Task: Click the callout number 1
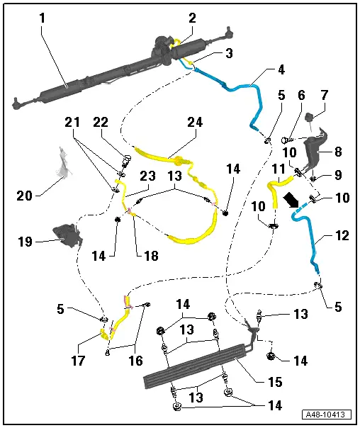tap(42, 18)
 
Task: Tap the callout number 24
tap(195, 122)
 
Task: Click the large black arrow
tap(291, 200)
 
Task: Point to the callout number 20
tap(25, 196)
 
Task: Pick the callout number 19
tap(25, 242)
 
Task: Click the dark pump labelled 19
tap(67, 235)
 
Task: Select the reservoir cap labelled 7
tap(310, 118)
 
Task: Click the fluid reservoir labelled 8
tap(314, 150)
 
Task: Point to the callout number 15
tap(275, 382)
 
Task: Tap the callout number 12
tap(342, 235)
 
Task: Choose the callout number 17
tap(79, 360)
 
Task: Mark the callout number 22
tap(101, 122)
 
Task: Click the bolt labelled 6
tap(287, 140)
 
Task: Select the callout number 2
tap(193, 18)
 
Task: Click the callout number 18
tap(151, 256)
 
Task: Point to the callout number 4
tap(281, 70)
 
